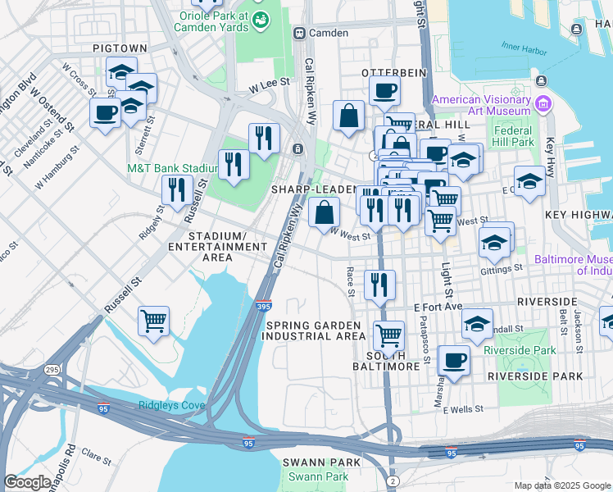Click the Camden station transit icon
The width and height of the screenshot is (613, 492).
click(x=300, y=34)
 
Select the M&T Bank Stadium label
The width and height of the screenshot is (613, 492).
click(x=170, y=168)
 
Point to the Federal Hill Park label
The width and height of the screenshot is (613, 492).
click(x=514, y=136)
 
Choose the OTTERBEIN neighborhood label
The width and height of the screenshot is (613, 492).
click(x=395, y=73)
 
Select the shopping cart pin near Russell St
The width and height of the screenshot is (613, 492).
click(x=153, y=320)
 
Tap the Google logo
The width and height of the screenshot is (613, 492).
click(x=28, y=482)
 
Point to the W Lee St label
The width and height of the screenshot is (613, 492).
click(x=270, y=84)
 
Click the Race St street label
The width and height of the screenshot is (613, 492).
click(x=350, y=281)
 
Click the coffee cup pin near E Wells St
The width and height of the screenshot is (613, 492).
click(x=453, y=359)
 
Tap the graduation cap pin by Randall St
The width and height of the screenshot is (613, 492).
click(x=477, y=323)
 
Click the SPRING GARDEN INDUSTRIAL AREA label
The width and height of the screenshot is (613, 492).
click(x=314, y=330)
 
